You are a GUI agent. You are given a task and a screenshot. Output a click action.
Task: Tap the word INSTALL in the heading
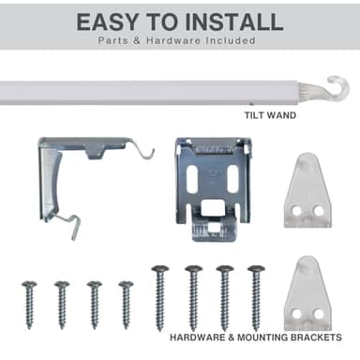(x=234, y=22)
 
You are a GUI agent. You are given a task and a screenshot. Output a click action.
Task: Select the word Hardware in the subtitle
(x=173, y=40)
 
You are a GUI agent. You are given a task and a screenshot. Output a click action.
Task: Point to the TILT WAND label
(x=270, y=115)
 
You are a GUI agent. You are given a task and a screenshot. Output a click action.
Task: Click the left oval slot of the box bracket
(x=191, y=179)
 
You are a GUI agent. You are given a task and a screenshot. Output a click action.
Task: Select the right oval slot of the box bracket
(x=232, y=179)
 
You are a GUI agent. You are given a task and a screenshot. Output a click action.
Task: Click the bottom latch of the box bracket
(x=215, y=229)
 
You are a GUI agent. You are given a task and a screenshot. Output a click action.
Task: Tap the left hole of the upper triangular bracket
(x=296, y=210)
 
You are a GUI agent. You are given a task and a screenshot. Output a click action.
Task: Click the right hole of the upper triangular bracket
(x=319, y=210)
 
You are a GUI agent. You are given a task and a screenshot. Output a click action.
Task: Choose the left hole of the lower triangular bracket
(x=296, y=314)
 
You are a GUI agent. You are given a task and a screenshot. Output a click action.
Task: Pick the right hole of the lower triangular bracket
(x=319, y=314)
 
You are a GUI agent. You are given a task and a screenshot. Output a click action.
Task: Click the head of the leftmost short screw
(x=29, y=284)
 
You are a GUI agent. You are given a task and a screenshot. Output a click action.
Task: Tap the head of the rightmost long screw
(x=256, y=268)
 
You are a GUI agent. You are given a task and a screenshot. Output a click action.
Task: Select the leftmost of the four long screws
(x=160, y=298)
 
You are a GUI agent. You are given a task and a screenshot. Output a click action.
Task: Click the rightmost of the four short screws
(x=126, y=305)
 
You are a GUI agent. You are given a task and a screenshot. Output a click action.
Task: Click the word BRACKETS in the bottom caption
(x=316, y=337)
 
